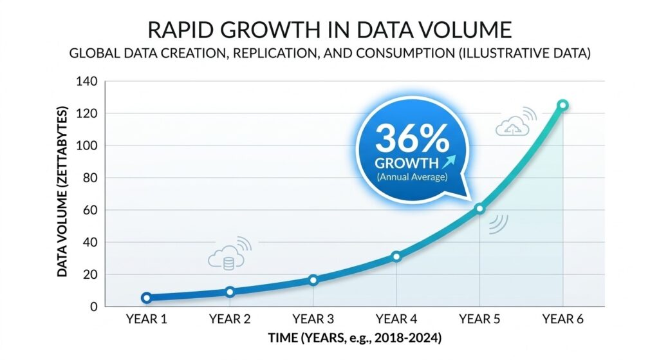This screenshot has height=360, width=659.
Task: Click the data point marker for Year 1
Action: [x=147, y=298]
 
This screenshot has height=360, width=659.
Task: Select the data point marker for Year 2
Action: [x=230, y=292]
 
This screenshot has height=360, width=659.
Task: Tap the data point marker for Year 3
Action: [x=313, y=280]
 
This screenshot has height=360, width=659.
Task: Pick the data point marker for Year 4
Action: [x=396, y=256]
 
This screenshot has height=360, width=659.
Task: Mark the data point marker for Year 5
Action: [x=479, y=209]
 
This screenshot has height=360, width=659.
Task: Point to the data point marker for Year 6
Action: [x=563, y=105]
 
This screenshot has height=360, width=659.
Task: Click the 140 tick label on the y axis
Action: [x=86, y=82]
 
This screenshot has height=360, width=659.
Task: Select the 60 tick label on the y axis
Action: [x=89, y=210]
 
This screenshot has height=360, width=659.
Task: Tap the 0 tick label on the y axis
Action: [x=93, y=307]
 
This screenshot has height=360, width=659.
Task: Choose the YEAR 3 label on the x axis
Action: [x=313, y=319]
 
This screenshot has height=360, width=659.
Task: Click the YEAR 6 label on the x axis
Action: [x=563, y=319]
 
